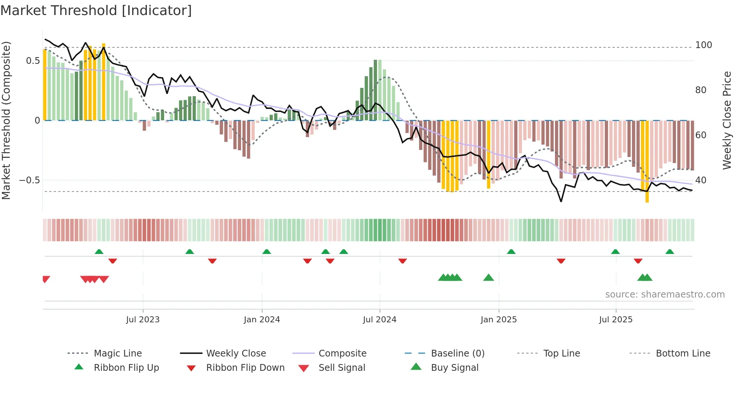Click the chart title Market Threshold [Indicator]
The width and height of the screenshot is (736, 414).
(96, 11)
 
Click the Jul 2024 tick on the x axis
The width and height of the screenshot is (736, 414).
(379, 319)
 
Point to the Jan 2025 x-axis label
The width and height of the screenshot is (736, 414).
(498, 319)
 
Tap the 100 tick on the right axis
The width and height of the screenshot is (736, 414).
(703, 45)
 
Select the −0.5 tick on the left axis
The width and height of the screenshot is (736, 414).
(29, 180)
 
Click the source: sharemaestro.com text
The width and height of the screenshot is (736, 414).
(665, 295)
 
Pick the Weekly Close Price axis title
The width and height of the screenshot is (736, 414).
(727, 120)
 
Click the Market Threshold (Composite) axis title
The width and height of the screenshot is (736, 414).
(6, 120)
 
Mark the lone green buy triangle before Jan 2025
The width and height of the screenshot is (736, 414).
(488, 278)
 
